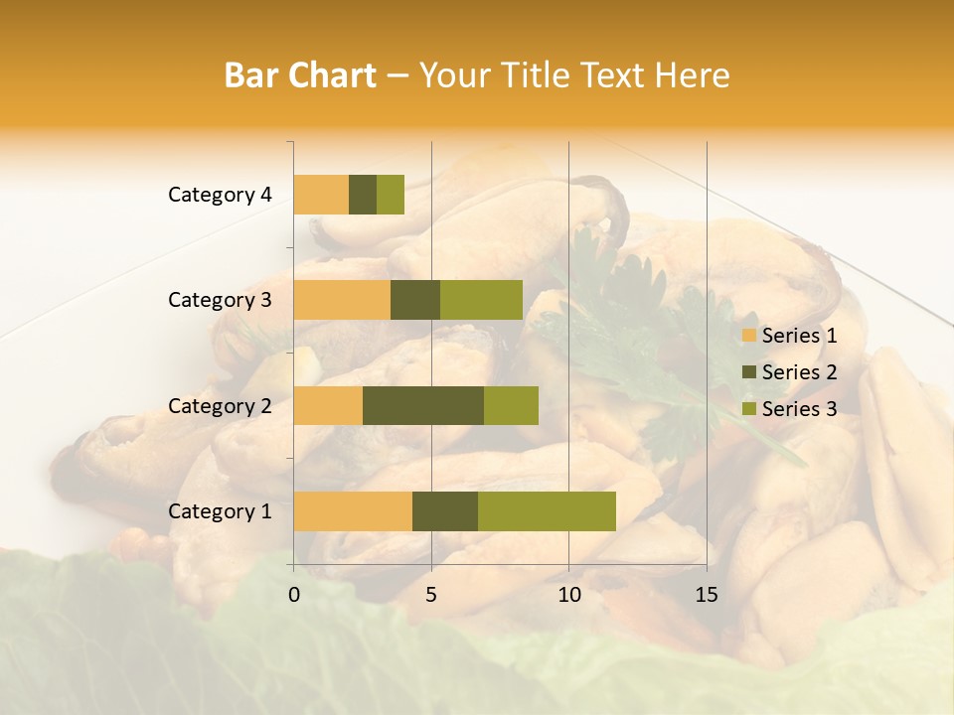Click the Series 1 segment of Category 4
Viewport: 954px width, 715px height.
pyautogui.click(x=321, y=195)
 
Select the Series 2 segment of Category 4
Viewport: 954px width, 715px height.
pyautogui.click(x=363, y=195)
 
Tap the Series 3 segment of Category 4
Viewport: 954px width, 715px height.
pyautogui.click(x=391, y=195)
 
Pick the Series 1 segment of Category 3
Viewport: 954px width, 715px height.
pyautogui.click(x=342, y=300)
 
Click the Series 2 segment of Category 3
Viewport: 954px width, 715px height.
pyautogui.click(x=415, y=300)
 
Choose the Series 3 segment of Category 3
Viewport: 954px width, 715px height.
pyautogui.click(x=481, y=300)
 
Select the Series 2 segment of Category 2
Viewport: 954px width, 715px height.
pyautogui.click(x=423, y=405)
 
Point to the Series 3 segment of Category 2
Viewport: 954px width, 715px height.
pyautogui.click(x=511, y=405)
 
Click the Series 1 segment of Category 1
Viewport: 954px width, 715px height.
pyautogui.click(x=353, y=511)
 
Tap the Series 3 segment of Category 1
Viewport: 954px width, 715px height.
pyautogui.click(x=547, y=511)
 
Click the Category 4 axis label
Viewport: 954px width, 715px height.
pyautogui.click(x=220, y=195)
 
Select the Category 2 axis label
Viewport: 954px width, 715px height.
pyautogui.click(x=220, y=405)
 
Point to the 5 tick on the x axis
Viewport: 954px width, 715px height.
pyautogui.click(x=431, y=595)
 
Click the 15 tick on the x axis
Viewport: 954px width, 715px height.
pyautogui.click(x=706, y=595)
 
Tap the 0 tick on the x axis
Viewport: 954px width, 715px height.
pyautogui.click(x=294, y=595)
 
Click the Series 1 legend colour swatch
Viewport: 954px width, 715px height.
pyautogui.click(x=749, y=336)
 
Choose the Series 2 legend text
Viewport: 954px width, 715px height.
pyautogui.click(x=799, y=372)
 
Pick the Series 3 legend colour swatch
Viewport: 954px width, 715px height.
pyautogui.click(x=749, y=409)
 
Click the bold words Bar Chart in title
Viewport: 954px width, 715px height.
pyautogui.click(x=300, y=75)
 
